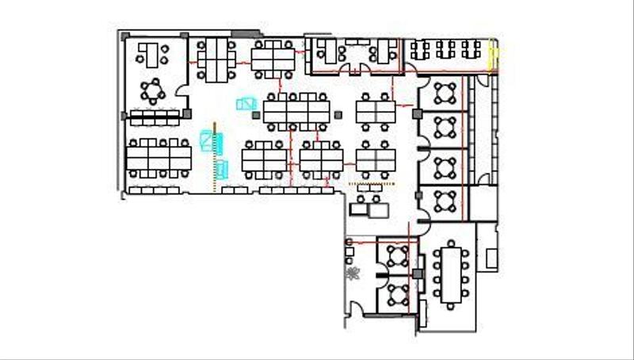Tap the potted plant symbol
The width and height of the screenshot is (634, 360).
[x=353, y=274]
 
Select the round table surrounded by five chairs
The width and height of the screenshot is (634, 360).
[x=151, y=90]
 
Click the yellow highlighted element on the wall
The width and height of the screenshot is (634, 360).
[x=493, y=56]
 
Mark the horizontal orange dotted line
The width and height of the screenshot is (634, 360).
[x=372, y=183]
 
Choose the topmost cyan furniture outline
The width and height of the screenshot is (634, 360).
[x=246, y=104]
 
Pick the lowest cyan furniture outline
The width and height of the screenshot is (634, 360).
[x=221, y=168]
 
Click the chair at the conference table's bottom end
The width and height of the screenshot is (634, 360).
[x=453, y=304]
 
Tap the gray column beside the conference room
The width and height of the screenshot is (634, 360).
[x=418, y=274]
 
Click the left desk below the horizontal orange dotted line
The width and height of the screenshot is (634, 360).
[x=358, y=209]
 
